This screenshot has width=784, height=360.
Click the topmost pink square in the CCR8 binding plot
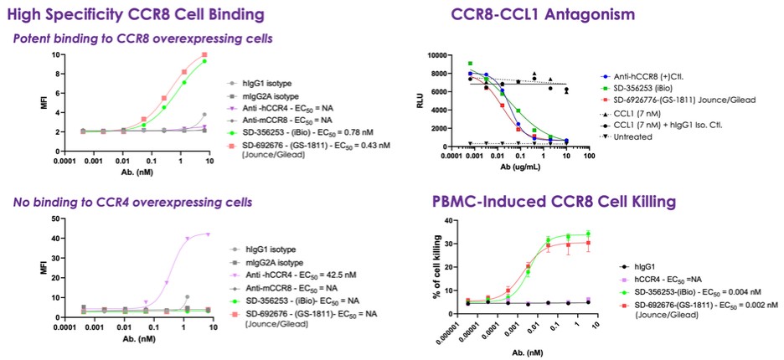click(204, 55)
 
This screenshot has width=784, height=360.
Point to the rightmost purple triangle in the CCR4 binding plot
click(207, 234)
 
